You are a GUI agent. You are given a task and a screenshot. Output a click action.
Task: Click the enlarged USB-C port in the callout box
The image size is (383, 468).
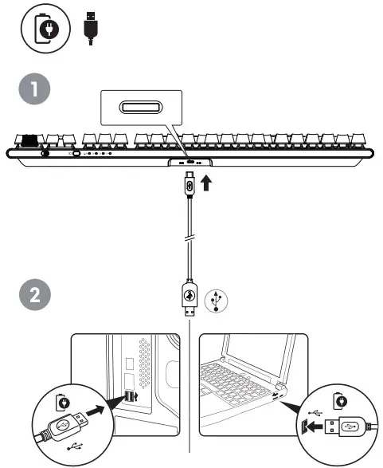143,108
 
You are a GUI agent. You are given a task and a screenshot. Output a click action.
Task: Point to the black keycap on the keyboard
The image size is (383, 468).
30,141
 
